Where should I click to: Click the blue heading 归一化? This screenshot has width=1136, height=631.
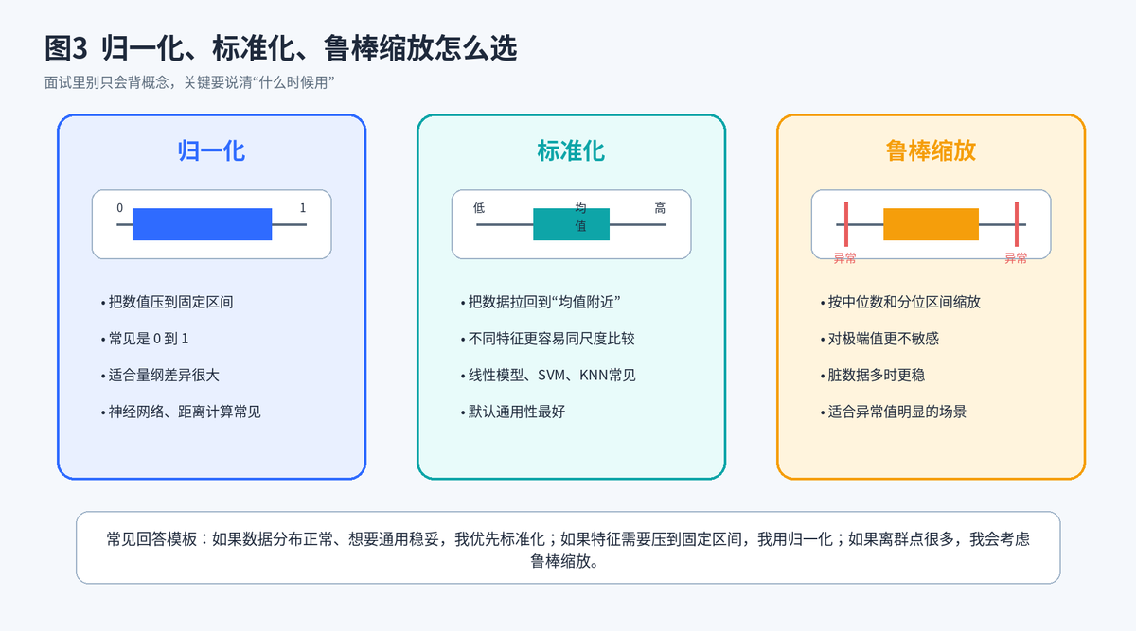(x=211, y=151)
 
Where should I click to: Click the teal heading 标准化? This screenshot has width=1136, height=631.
(x=571, y=151)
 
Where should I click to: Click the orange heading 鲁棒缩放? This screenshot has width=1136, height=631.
(x=931, y=151)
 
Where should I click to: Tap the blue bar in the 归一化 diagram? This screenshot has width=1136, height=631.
(x=202, y=224)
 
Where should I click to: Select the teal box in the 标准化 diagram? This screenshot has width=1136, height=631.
(x=571, y=224)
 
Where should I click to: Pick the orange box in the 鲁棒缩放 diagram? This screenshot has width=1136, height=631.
(x=932, y=224)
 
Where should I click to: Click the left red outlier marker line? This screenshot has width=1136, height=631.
(x=846, y=224)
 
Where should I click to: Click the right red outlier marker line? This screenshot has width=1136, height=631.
(x=1017, y=224)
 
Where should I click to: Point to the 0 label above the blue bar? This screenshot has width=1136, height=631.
(x=119, y=208)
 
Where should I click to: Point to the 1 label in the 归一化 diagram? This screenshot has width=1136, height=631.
(x=303, y=208)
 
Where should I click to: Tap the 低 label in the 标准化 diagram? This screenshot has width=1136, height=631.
(x=479, y=208)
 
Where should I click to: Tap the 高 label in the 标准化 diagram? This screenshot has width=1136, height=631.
(x=660, y=208)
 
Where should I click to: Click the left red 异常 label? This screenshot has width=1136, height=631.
(x=844, y=258)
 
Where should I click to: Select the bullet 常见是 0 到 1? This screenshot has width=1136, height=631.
(x=145, y=339)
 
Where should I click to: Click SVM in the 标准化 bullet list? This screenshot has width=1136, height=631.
(x=551, y=375)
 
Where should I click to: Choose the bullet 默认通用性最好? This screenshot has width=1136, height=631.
(x=513, y=412)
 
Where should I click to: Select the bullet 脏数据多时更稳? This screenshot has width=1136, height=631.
(x=872, y=375)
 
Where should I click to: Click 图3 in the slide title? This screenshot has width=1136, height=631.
(x=66, y=48)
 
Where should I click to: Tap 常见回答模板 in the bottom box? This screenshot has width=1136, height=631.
(x=151, y=538)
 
